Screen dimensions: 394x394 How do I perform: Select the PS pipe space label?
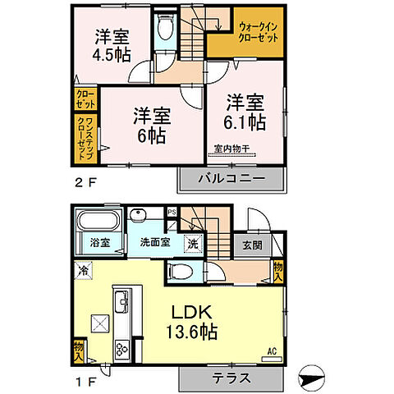pyautogui.click(x=172, y=212)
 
